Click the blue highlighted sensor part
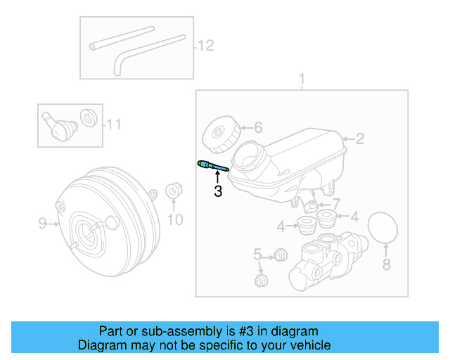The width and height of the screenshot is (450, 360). coord(213,166)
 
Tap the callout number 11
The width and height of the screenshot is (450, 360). coord(114,125)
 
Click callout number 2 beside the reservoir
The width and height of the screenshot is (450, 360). coord(359,139)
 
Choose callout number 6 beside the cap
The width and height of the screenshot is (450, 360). coord(257,128)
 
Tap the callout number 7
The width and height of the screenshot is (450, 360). coord(335,204)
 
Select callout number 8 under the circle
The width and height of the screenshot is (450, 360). coord(385,264)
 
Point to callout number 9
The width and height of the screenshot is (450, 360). coord(42,224)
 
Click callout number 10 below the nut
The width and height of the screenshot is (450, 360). coord(174,220)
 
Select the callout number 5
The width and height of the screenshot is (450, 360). coord(257,254)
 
